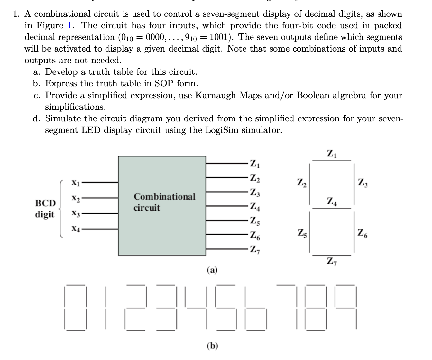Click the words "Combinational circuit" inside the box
pos(164,202)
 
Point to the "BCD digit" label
pos(45,209)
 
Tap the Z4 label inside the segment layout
pos(332,202)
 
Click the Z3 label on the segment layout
pos(363,184)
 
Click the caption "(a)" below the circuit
pos(212,270)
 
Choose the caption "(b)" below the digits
pos(212,346)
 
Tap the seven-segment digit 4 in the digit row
pos(195,308)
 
